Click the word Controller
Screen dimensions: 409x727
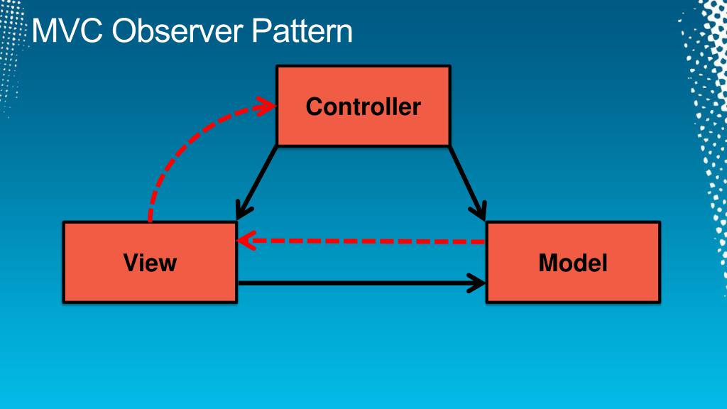(363, 107)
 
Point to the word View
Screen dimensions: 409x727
(149, 263)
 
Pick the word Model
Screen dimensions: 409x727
(573, 263)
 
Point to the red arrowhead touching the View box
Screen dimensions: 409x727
(245, 241)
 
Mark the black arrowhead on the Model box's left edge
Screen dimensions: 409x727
(477, 283)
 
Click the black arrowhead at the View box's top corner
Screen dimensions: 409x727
(243, 211)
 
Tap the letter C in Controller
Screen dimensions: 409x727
(313, 107)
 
